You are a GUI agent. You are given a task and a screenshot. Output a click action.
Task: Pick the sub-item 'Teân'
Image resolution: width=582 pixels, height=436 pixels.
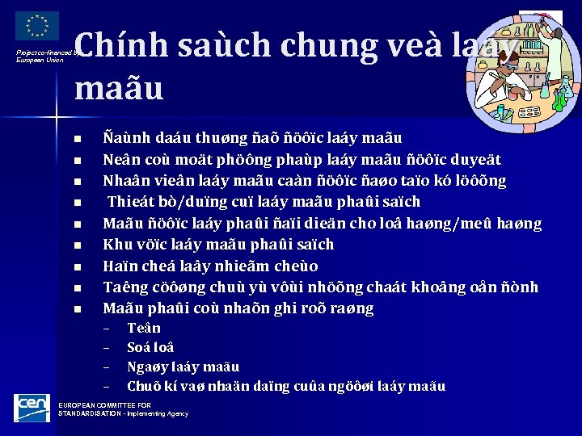click(x=144, y=328)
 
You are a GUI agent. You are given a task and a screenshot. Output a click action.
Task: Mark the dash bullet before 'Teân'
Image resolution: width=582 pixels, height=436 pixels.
click(x=106, y=328)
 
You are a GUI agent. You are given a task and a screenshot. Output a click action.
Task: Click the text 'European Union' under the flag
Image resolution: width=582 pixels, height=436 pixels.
click(x=40, y=60)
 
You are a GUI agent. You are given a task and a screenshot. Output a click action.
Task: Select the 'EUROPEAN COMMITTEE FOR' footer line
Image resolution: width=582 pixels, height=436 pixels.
click(x=104, y=405)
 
